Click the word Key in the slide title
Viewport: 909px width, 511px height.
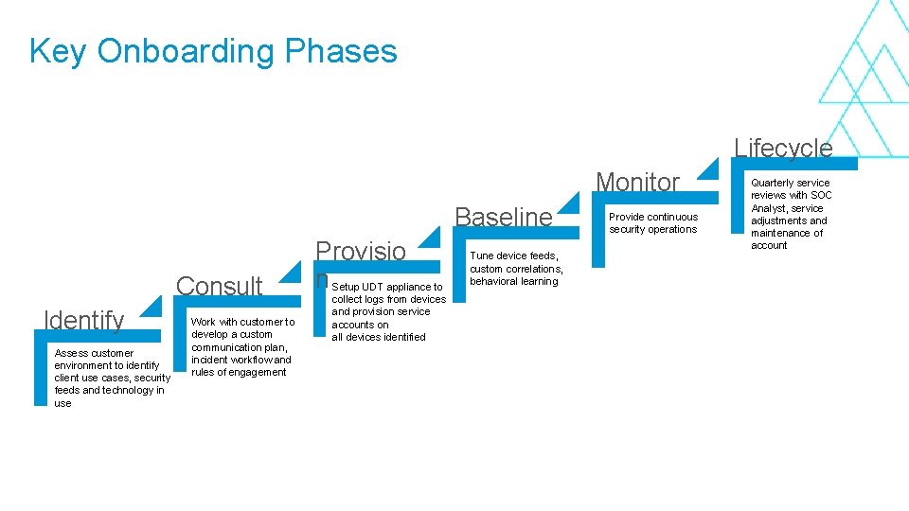[x=58, y=51]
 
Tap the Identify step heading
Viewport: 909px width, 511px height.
[x=84, y=321]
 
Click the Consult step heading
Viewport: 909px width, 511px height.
[x=219, y=286]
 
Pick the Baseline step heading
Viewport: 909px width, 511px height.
[x=503, y=217]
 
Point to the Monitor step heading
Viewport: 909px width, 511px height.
[x=637, y=182]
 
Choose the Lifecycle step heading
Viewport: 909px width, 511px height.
[x=783, y=148]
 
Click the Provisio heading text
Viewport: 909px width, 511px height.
[x=360, y=252]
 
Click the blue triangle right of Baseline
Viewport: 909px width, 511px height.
[x=568, y=203]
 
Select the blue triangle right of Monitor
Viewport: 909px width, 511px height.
[x=706, y=167]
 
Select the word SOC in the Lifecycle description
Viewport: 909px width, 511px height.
[x=820, y=196]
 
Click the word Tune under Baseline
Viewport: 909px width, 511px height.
[x=482, y=256]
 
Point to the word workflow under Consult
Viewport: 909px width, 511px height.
[x=250, y=360]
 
